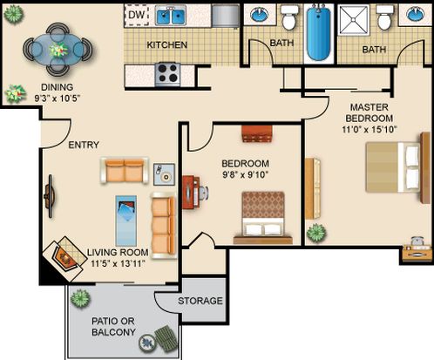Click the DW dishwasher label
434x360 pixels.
136,15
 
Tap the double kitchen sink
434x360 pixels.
171,16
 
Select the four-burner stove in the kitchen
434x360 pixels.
167,74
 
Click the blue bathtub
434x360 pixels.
318,33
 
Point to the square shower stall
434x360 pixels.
354,19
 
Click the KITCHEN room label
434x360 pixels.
166,45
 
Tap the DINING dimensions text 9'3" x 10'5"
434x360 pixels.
58,98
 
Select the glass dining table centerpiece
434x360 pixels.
58,50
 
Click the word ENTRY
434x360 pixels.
84,145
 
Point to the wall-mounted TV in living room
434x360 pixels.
50,196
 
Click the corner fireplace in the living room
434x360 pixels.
64,258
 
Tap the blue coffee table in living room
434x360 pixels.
126,221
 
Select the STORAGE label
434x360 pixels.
200,301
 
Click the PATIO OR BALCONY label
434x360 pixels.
113,327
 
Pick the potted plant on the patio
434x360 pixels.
80,298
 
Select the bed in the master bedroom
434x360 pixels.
397,167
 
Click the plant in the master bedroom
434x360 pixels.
316,233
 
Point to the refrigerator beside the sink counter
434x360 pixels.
226,16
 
